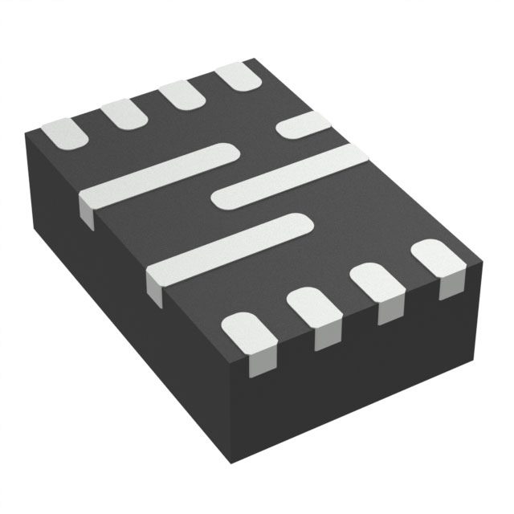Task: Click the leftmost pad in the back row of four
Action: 64,133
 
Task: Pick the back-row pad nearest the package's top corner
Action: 240,76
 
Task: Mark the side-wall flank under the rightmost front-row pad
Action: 450,285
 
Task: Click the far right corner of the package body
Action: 483,261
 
